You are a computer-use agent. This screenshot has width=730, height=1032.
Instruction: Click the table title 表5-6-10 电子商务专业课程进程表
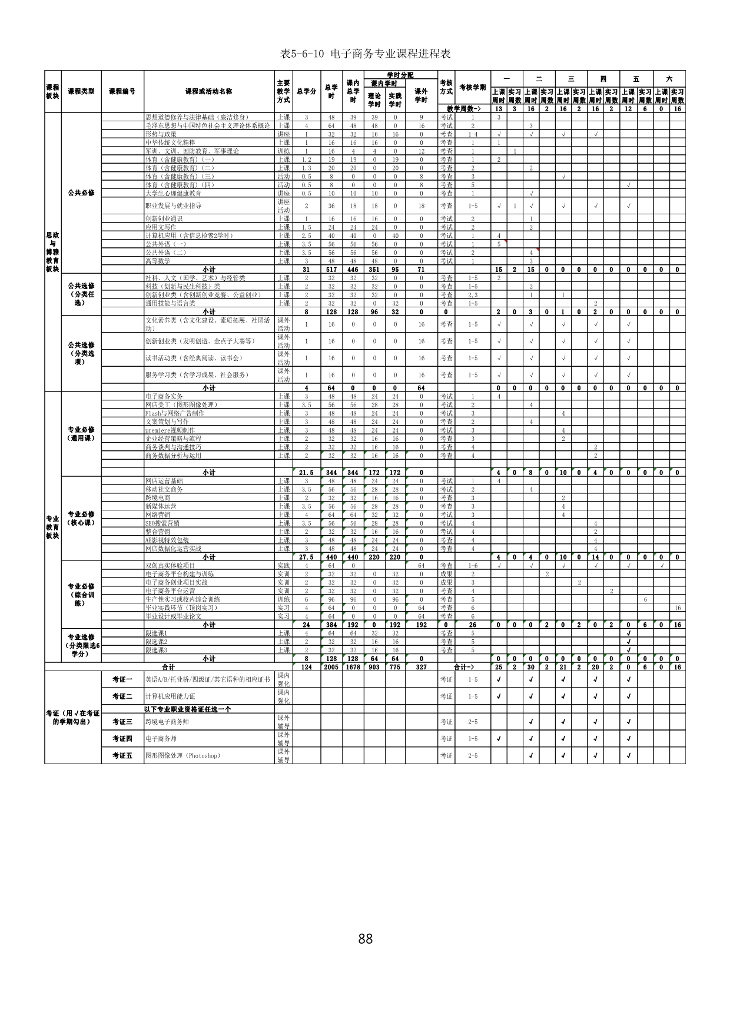365,54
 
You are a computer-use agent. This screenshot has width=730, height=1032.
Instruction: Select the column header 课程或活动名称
208,91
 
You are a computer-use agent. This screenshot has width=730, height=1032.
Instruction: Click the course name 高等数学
158,261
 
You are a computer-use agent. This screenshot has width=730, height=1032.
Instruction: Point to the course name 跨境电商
158,497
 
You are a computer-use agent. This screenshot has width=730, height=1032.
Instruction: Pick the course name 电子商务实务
164,396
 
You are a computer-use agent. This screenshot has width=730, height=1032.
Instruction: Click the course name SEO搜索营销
162,523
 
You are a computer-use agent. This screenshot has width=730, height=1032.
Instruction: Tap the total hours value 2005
331,667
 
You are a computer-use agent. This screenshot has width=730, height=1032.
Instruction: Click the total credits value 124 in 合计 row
306,667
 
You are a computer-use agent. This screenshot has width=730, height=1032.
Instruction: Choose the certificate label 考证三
122,722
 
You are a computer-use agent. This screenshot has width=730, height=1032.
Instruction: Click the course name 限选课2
157,642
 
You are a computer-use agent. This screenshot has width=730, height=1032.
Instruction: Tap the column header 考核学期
472,88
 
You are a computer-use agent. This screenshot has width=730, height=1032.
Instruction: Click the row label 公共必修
81,193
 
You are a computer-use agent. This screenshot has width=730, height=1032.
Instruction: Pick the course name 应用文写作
161,227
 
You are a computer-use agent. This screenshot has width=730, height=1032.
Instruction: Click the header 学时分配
400,75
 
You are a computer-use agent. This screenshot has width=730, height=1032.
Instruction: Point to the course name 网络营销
158,515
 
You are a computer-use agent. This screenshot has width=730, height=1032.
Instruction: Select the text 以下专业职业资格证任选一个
188,709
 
